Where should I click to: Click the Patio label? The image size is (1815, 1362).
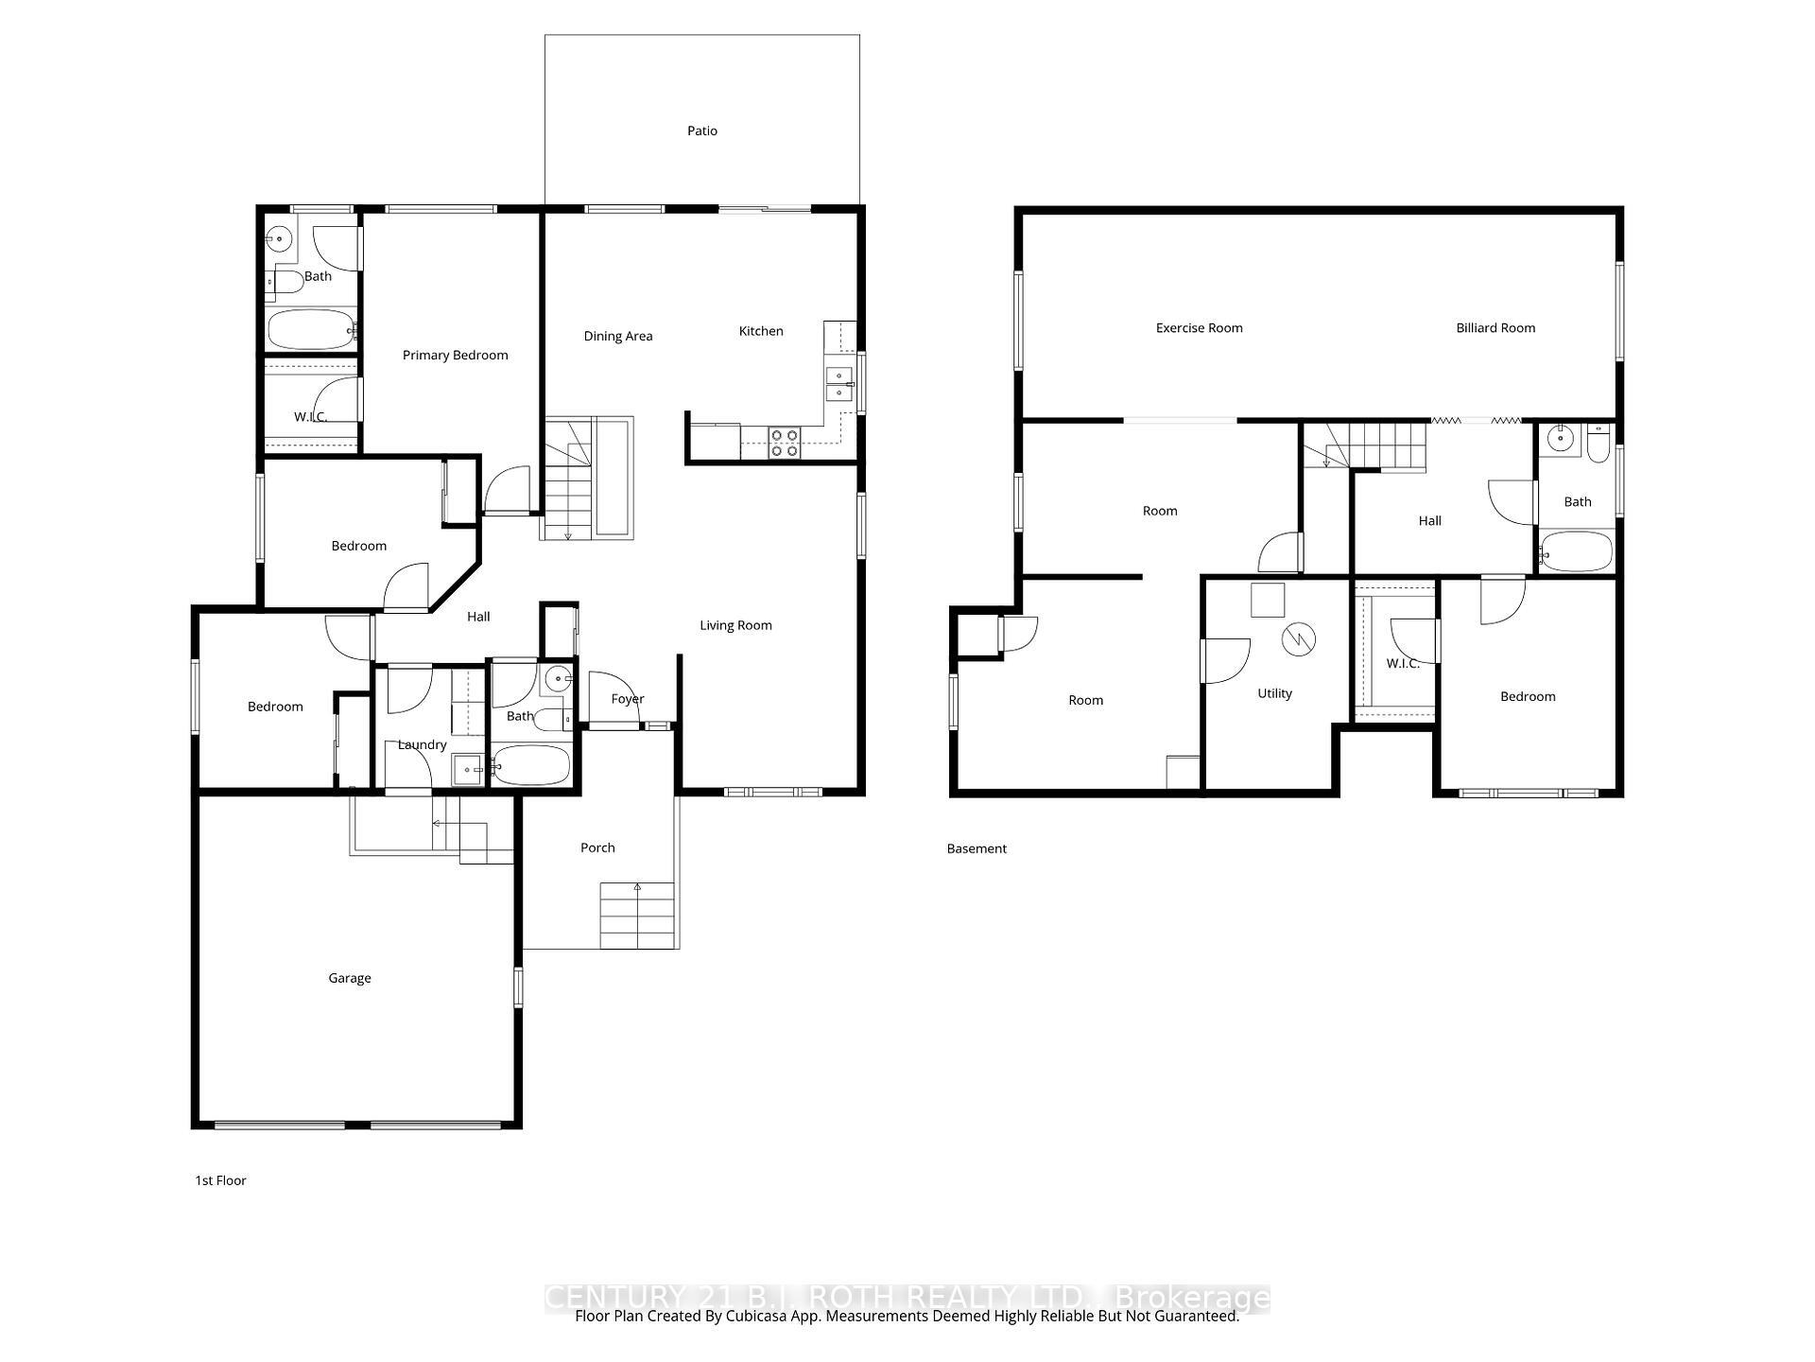(x=701, y=131)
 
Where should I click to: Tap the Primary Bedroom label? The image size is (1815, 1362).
(x=455, y=356)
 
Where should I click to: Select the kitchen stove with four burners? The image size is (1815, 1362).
(x=785, y=443)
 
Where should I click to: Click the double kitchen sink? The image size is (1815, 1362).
(x=838, y=383)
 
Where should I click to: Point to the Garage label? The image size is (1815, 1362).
(x=349, y=978)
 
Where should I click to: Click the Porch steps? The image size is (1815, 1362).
(x=637, y=915)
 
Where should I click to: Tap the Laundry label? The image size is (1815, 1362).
(x=422, y=745)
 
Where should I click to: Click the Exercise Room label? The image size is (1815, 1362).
(x=1199, y=328)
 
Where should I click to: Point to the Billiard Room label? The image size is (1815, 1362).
(x=1495, y=328)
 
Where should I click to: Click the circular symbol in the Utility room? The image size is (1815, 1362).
(x=1298, y=638)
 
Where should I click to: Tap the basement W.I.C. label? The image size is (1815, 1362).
(x=1402, y=664)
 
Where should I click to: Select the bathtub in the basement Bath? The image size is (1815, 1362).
(x=1576, y=551)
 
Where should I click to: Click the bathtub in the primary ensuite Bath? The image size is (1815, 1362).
(x=310, y=330)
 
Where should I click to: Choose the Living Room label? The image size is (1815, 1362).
(x=735, y=625)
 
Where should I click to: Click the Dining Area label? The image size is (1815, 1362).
(x=617, y=337)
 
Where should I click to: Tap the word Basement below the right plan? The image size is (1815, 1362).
(x=976, y=849)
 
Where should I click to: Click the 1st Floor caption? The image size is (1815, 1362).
(x=220, y=1180)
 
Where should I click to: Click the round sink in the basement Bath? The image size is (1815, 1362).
(x=1560, y=438)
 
